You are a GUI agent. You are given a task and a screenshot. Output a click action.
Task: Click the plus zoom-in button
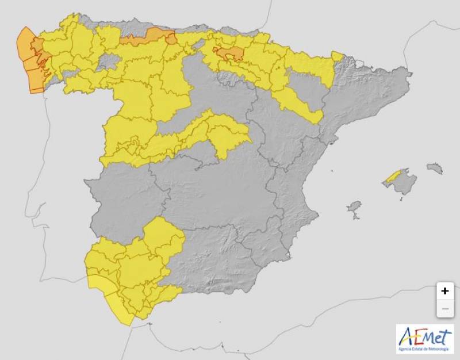tap(444, 291)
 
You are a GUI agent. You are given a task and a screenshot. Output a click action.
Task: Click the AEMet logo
tap(425, 339)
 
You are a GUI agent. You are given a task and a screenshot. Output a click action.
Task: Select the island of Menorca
tap(435, 168)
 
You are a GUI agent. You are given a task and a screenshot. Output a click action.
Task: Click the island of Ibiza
tap(354, 206)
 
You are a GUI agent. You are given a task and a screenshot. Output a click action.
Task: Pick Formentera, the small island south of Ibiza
tap(355, 217)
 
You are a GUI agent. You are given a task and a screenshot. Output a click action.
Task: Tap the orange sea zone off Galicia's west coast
tap(26, 55)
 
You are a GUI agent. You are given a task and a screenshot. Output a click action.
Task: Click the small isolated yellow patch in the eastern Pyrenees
tap(338, 57)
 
